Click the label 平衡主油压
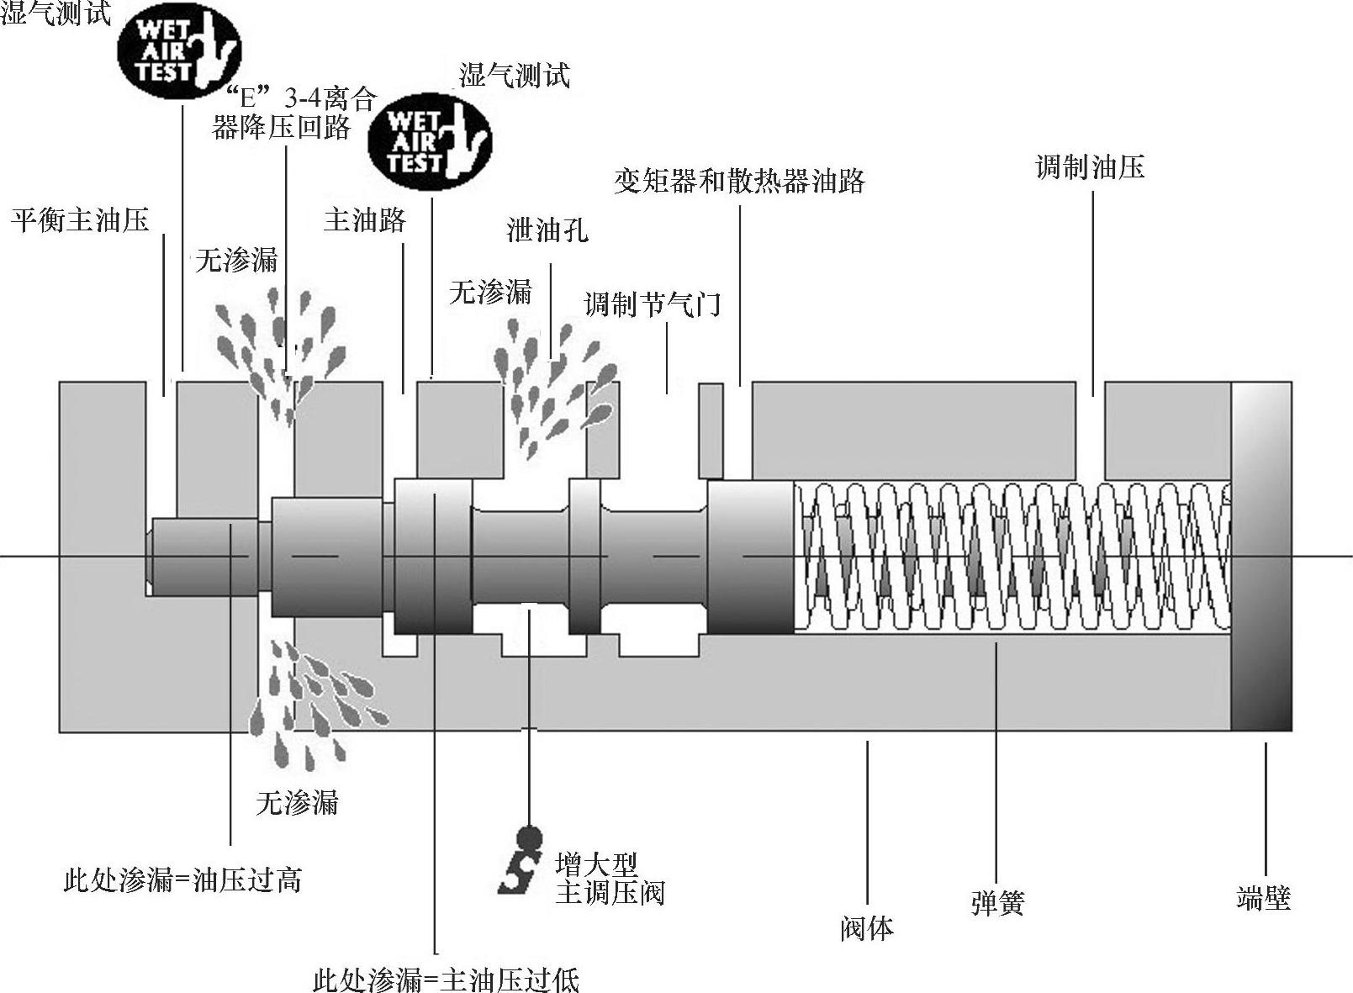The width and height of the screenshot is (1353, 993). (81, 220)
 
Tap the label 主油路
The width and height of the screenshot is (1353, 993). (365, 220)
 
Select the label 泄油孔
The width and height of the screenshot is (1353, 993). (547, 230)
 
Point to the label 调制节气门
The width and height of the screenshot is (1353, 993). (653, 304)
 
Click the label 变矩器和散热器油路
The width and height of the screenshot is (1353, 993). (739, 181)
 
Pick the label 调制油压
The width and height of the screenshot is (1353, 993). (1090, 167)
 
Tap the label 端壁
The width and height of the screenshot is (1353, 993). (1263, 897)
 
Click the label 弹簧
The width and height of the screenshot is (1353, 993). (997, 903)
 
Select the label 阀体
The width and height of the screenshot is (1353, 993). (866, 927)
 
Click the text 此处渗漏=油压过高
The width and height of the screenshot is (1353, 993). (182, 880)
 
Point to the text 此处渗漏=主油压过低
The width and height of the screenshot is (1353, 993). (446, 980)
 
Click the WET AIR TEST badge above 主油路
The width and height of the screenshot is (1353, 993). (430, 140)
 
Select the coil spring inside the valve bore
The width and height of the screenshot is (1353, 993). (1013, 556)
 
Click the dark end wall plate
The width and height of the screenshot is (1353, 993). (1261, 556)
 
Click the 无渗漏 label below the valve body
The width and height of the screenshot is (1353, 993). (297, 803)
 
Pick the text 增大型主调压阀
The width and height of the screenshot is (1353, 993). (609, 878)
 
